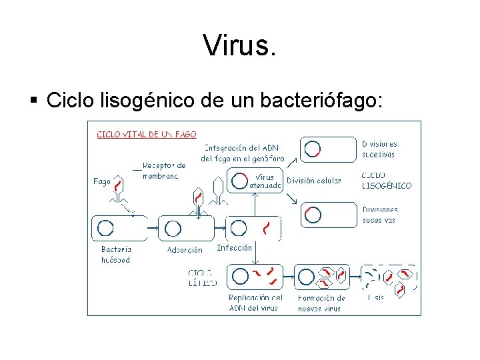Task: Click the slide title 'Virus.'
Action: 239,45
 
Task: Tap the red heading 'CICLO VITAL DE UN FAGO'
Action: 147,134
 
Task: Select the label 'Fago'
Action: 102,181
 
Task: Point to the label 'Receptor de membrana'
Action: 164,170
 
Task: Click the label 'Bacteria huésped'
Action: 116,255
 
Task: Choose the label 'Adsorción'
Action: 185,250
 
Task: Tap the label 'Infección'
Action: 235,247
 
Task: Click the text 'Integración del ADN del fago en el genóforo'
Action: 242,153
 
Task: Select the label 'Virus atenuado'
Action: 265,181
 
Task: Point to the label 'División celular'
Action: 313,181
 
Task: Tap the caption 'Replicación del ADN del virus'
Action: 255,303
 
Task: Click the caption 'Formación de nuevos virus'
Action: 321,303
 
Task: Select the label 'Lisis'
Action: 376,298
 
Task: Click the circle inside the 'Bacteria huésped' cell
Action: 105,229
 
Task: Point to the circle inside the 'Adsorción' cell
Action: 173,229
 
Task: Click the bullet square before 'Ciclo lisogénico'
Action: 33,101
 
